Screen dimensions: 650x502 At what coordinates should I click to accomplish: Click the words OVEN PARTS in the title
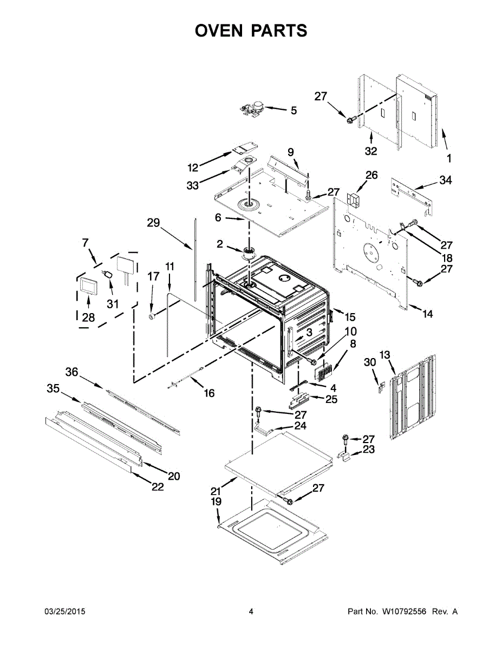pos(251,31)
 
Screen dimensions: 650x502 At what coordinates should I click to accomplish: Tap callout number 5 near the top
pos(294,110)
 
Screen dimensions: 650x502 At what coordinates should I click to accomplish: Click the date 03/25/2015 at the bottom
pos(64,612)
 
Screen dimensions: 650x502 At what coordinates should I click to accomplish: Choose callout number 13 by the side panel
pos(384,355)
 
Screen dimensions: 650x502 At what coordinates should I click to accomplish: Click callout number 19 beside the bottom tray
pos(216,502)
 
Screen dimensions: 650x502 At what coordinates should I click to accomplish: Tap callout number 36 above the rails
pos(72,372)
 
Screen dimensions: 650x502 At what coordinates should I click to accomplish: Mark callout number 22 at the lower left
pos(157,487)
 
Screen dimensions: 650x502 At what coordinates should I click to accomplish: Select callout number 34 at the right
pos(445,180)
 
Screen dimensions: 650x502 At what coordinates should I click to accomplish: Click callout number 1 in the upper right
pos(448,159)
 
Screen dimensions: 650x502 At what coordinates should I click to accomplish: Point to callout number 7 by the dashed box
pos(85,243)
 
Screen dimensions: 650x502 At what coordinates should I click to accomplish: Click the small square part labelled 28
pos(87,286)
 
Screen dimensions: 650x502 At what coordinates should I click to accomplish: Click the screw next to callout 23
pos(344,439)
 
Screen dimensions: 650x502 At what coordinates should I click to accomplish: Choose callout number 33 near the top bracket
pos(193,185)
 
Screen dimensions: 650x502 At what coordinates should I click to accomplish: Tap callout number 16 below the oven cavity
pos(209,393)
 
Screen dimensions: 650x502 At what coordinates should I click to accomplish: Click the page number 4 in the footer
pos(251,612)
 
